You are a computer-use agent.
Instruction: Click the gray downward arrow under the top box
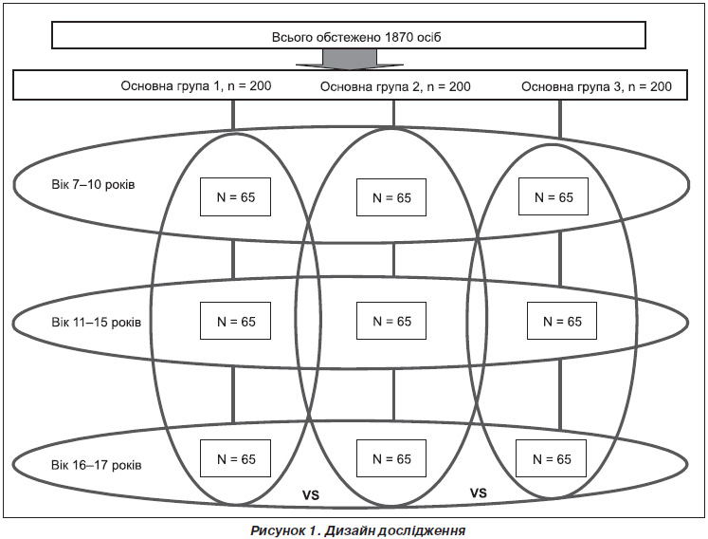350,59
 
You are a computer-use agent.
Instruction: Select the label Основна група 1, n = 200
196,85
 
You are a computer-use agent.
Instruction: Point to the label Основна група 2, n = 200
395,86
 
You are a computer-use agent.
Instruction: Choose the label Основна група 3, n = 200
596,86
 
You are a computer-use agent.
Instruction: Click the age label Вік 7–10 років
93,185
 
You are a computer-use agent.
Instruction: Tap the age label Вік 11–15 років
96,323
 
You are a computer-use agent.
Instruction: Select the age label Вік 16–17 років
96,465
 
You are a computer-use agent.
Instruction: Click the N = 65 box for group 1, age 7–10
235,196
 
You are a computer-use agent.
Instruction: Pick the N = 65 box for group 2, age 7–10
391,197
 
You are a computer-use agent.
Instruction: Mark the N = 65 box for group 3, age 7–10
554,196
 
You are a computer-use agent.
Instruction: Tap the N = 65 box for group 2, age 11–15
391,321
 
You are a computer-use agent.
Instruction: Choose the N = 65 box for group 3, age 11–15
562,321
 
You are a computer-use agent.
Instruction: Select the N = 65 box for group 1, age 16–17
235,458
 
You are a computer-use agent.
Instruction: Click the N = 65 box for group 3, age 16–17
551,458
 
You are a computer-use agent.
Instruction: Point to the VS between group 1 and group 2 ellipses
311,495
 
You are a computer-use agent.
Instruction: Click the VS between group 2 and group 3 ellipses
479,493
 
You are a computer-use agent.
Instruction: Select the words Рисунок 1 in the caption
283,530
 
